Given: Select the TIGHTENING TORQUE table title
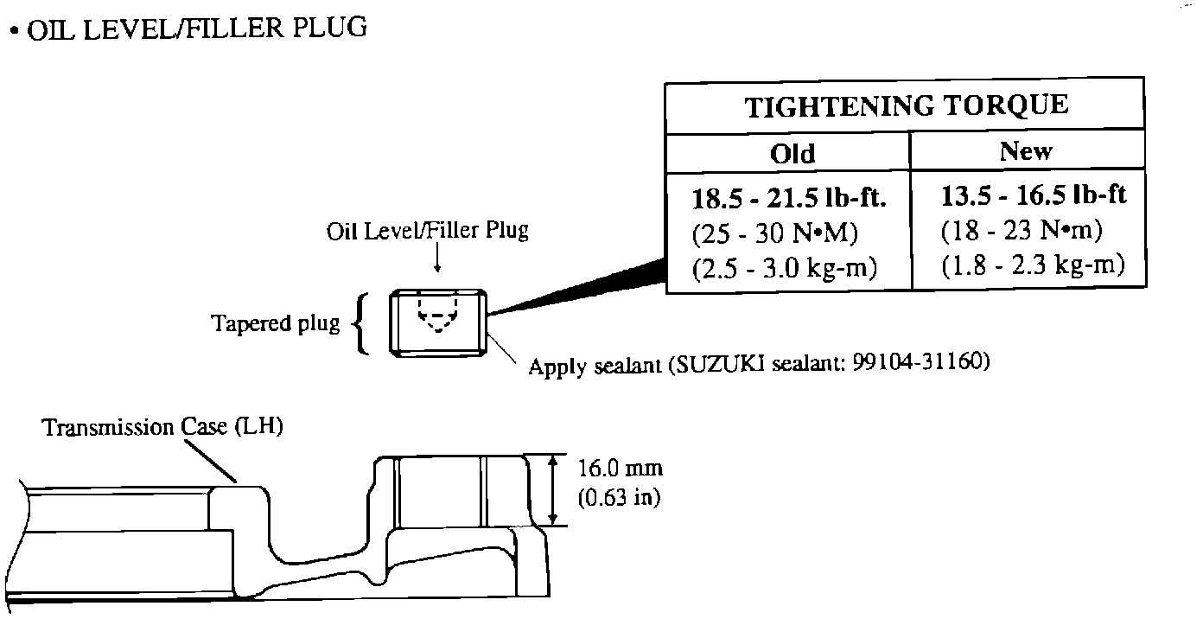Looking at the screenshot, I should click(x=907, y=106).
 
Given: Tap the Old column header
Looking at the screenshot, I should click(x=792, y=154).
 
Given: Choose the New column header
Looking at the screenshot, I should click(x=1026, y=151).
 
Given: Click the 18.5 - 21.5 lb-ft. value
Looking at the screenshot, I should click(x=790, y=198).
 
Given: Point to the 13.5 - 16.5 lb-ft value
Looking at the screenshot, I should click(x=1034, y=195).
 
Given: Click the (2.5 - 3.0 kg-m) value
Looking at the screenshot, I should click(x=785, y=268).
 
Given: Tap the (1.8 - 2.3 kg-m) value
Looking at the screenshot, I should click(x=1032, y=265).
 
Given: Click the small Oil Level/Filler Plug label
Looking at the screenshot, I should click(x=427, y=232).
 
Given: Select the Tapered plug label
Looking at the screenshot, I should click(x=276, y=324).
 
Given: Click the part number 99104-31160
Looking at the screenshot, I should click(x=920, y=363).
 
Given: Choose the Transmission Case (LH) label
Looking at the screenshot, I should click(x=163, y=427).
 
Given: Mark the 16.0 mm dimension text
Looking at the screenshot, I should click(x=619, y=469).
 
